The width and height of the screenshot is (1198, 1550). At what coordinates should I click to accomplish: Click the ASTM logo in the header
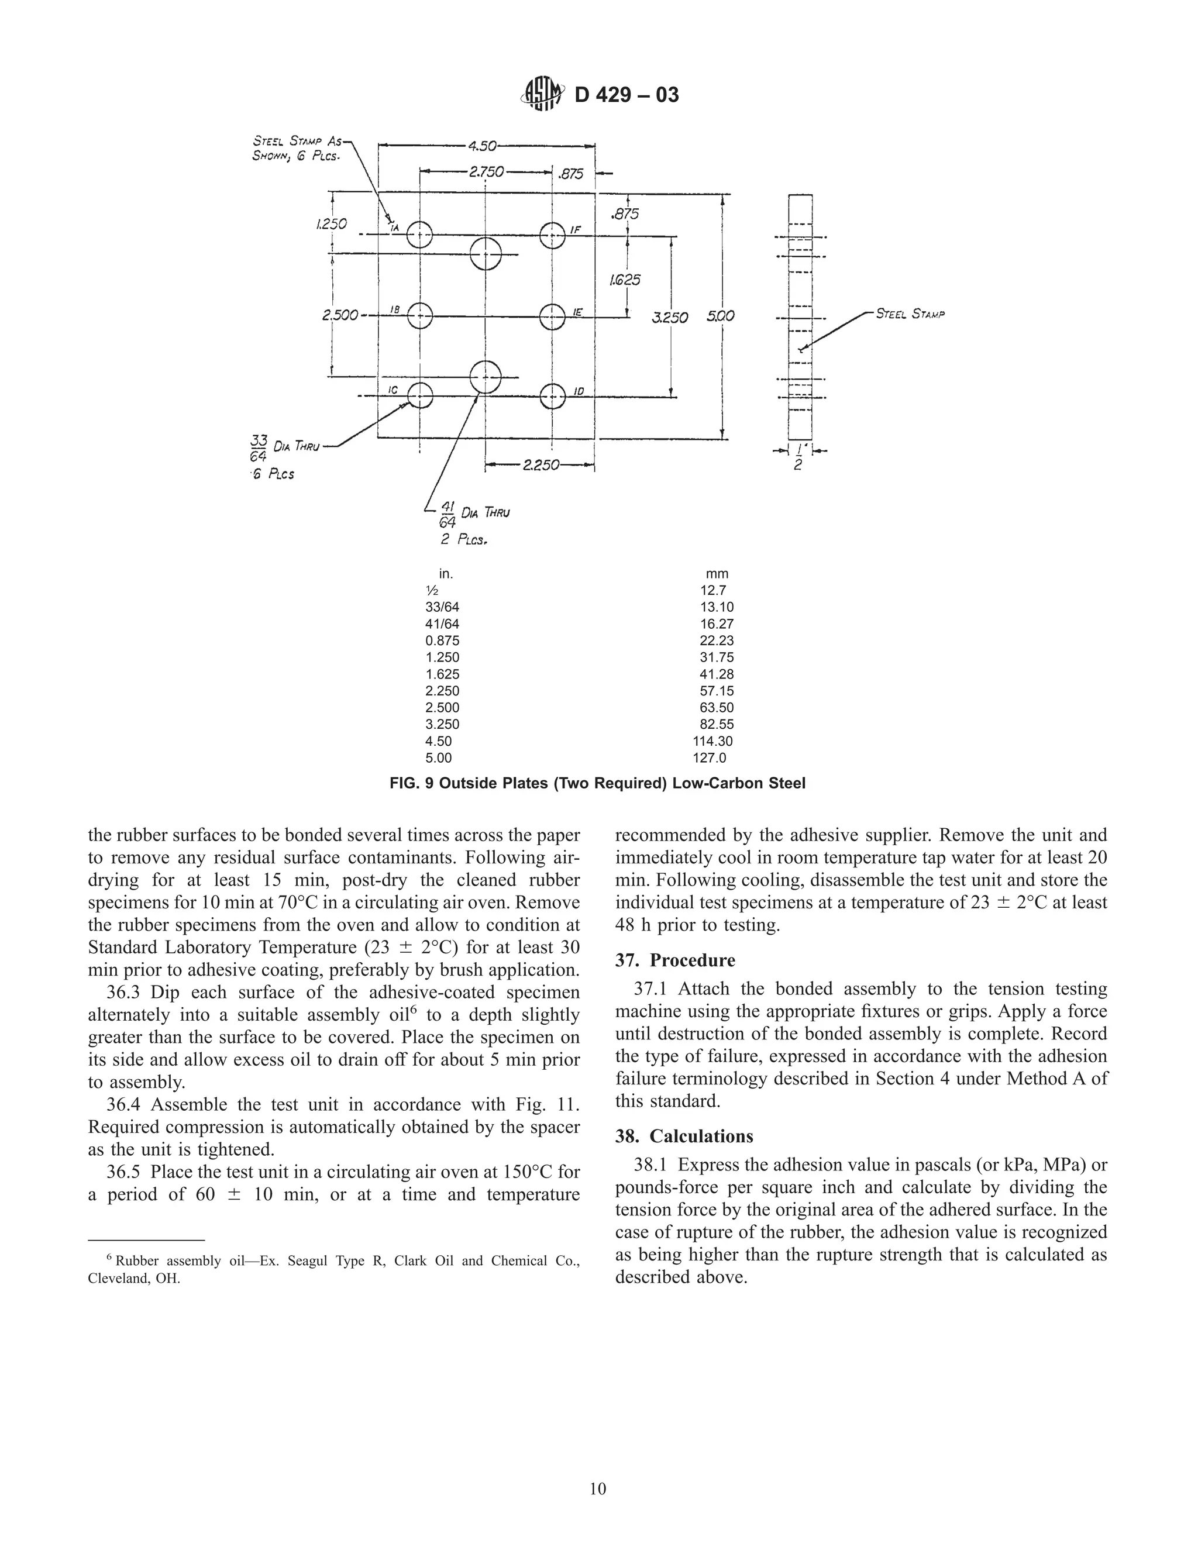click(x=543, y=94)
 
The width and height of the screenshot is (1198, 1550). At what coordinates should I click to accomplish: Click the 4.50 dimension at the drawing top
click(x=483, y=146)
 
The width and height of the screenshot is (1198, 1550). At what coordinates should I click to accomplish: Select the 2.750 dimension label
click(x=486, y=173)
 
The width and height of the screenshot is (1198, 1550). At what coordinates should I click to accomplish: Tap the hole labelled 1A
click(x=420, y=235)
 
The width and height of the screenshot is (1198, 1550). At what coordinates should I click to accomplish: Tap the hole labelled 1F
click(x=552, y=235)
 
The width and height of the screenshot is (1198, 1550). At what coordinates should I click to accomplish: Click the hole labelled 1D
click(x=552, y=396)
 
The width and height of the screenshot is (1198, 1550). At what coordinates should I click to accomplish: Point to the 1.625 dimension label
click(x=625, y=280)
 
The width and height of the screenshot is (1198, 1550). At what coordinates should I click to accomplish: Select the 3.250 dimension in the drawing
click(x=669, y=317)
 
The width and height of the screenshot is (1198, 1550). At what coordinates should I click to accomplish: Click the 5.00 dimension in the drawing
click(x=720, y=316)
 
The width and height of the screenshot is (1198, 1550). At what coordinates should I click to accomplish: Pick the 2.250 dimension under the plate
click(x=540, y=466)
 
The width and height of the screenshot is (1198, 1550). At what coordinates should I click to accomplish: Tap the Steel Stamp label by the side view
click(x=910, y=314)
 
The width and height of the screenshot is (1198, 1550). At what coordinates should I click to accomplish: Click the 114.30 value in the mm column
click(x=712, y=741)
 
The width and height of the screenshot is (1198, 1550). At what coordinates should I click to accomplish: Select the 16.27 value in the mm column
click(x=716, y=624)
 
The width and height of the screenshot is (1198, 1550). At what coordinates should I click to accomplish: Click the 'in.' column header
click(x=446, y=573)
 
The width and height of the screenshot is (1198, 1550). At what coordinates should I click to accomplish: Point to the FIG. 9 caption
click(x=598, y=784)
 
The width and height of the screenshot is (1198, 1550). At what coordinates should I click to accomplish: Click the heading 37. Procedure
click(x=675, y=960)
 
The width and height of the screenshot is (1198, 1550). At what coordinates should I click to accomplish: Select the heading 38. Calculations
click(x=684, y=1136)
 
